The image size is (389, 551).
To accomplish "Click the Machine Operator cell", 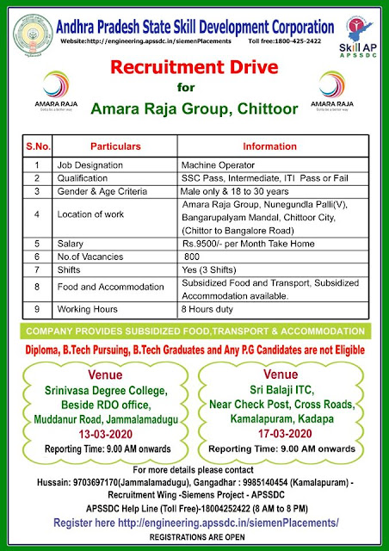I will pos(216,162).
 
